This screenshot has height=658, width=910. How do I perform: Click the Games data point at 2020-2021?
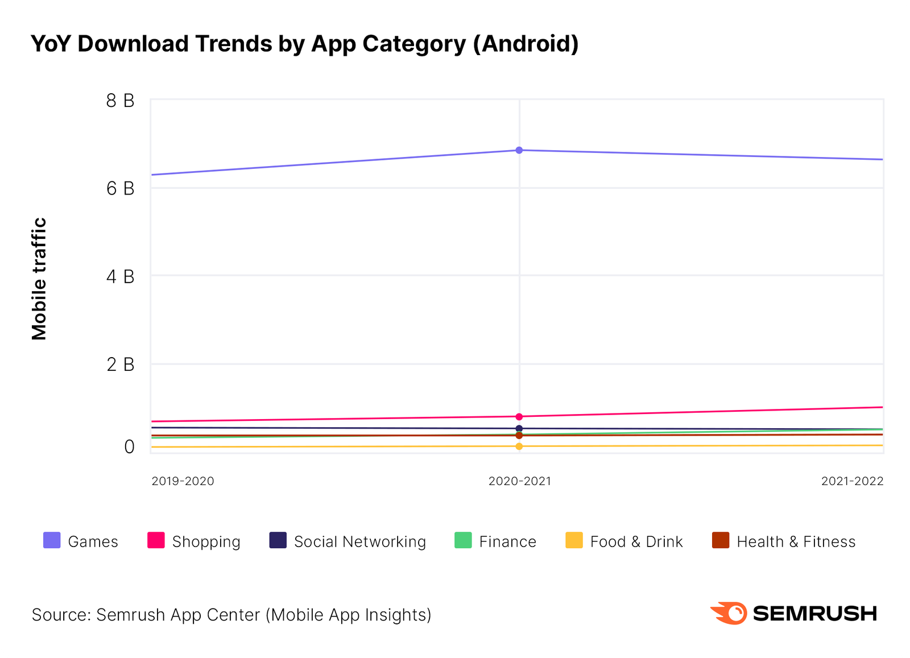coord(519,150)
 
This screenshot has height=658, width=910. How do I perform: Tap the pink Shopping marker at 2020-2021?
coord(519,417)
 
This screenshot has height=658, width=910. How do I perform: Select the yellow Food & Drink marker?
coord(519,446)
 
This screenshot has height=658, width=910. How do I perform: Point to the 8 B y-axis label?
coord(121,101)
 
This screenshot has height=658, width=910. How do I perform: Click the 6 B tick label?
coord(121,188)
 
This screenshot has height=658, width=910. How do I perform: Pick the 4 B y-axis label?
coord(121,276)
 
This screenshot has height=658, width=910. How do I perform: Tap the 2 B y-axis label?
coord(121,364)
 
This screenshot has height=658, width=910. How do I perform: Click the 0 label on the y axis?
coord(129,447)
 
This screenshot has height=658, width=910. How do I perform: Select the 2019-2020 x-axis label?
coord(183,481)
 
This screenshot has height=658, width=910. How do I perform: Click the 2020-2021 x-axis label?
coord(519,481)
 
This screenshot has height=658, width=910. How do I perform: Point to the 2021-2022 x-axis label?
coord(852,481)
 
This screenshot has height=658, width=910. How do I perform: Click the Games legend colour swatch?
coord(52,540)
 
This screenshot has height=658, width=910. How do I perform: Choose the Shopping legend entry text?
coord(206,542)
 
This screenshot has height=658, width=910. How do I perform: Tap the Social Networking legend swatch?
coord(278,540)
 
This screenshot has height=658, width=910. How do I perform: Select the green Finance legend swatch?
coord(463,540)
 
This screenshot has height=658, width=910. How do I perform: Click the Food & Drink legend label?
coord(636,542)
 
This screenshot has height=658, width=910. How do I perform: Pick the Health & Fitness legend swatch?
coord(721,540)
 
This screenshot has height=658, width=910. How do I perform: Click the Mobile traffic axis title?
coord(39,279)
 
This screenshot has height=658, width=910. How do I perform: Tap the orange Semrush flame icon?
coord(729,613)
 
